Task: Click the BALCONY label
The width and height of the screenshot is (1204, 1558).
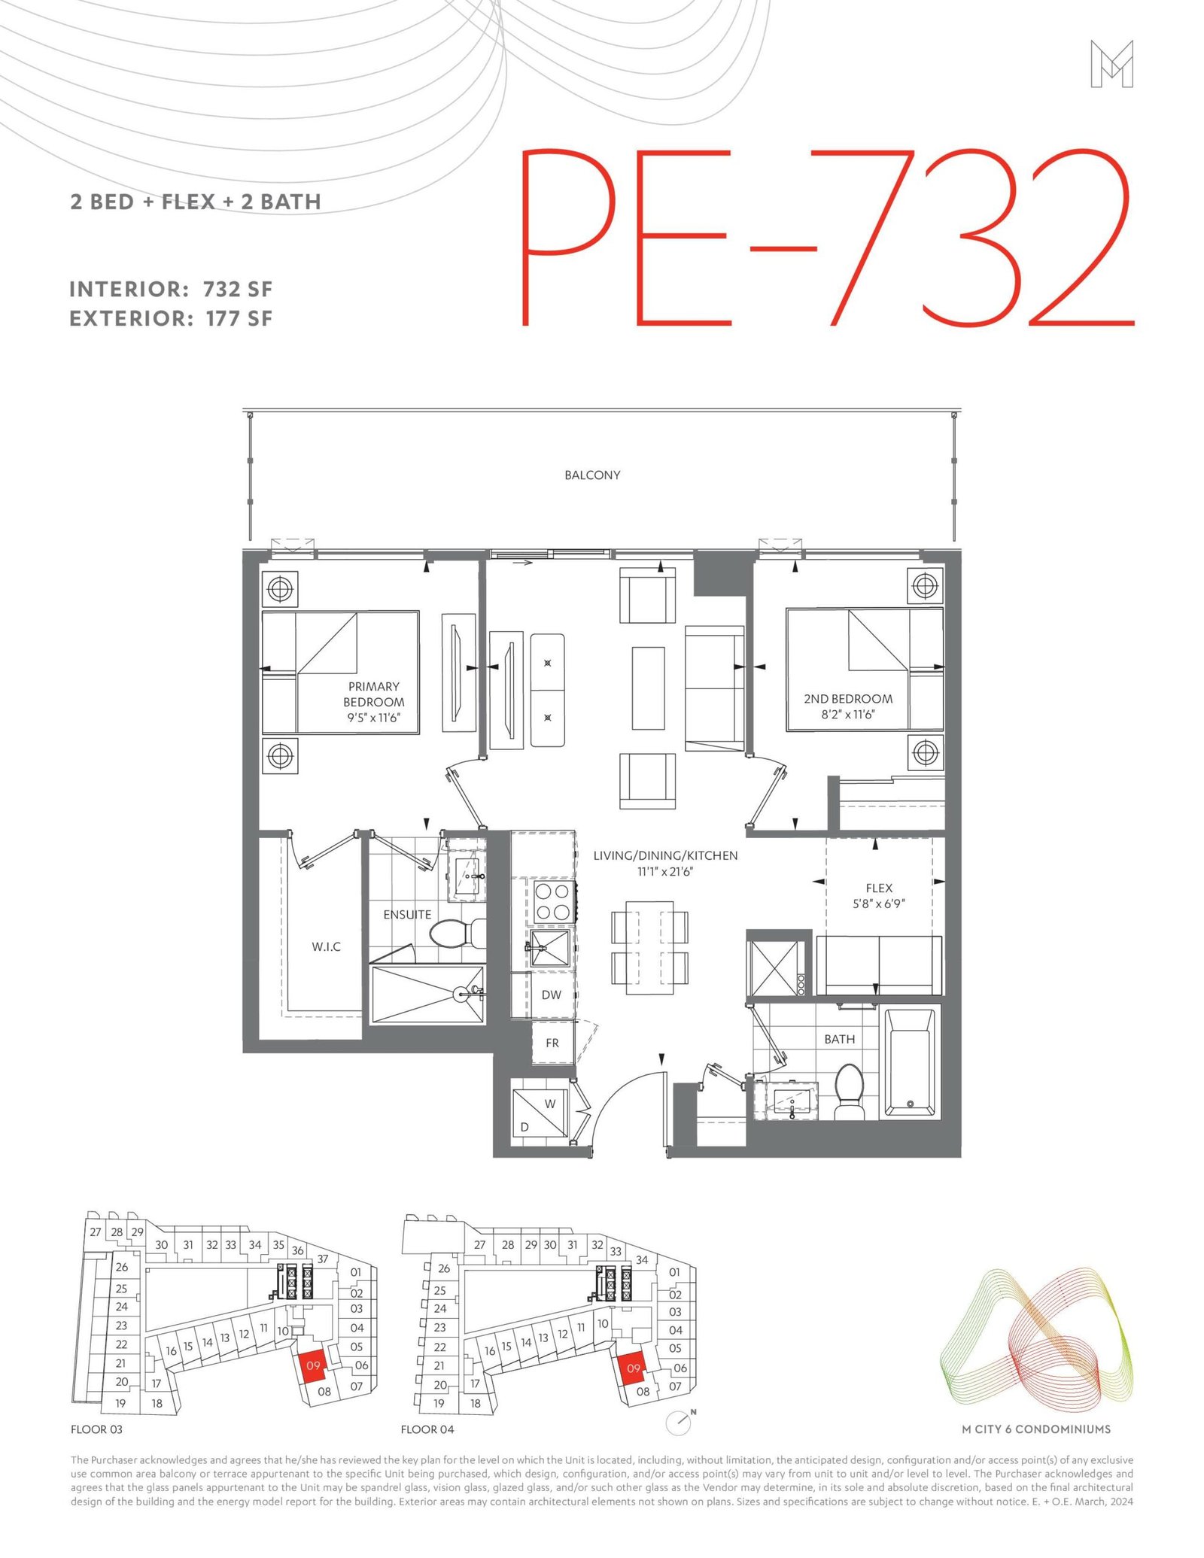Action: pyautogui.click(x=592, y=475)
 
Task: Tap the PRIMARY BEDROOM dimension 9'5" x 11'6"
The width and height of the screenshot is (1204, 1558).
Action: pyautogui.click(x=374, y=718)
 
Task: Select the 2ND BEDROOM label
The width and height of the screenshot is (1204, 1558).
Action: pyautogui.click(x=848, y=699)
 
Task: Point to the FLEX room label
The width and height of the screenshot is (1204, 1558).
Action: pyautogui.click(x=879, y=888)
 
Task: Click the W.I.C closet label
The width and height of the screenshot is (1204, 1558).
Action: pyautogui.click(x=327, y=946)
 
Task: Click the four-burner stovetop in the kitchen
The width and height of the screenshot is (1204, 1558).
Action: pyautogui.click(x=552, y=901)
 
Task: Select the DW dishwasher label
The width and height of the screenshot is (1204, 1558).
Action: pyautogui.click(x=552, y=995)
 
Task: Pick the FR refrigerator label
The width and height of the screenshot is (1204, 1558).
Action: pyautogui.click(x=552, y=1043)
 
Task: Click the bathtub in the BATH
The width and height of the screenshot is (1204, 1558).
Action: pyautogui.click(x=910, y=1062)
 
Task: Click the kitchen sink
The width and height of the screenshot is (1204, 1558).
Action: pyautogui.click(x=549, y=949)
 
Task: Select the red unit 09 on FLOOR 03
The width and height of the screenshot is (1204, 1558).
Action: pyautogui.click(x=313, y=1366)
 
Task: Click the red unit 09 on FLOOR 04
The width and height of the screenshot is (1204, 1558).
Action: pyautogui.click(x=633, y=1369)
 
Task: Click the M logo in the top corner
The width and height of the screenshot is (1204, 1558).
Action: pyautogui.click(x=1111, y=64)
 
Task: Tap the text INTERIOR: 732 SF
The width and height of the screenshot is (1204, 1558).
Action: pyautogui.click(x=171, y=289)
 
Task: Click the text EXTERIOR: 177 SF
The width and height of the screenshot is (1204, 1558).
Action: pyautogui.click(x=171, y=318)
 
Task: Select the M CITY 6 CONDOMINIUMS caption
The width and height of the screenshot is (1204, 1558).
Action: pyautogui.click(x=1036, y=1429)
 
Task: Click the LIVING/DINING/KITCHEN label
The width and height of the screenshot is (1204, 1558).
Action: pyautogui.click(x=665, y=855)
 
